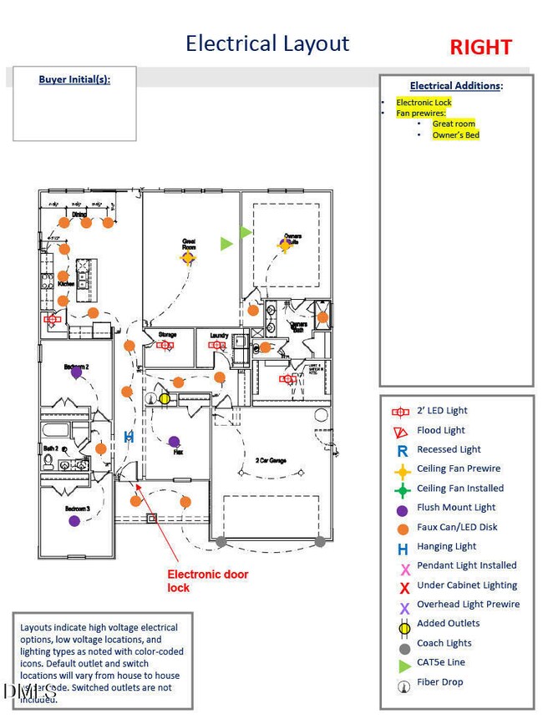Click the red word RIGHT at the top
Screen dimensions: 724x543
tap(480, 47)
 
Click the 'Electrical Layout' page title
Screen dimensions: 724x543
tap(267, 43)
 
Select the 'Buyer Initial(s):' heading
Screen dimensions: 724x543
tap(74, 80)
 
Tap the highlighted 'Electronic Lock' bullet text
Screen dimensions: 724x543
tap(424, 102)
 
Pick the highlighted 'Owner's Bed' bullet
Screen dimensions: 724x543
tap(455, 135)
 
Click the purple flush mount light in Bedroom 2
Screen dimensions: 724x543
tap(77, 373)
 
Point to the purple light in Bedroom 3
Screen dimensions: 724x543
tap(74, 520)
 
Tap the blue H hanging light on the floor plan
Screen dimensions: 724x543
tap(129, 436)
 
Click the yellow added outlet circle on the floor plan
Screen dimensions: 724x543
tap(165, 398)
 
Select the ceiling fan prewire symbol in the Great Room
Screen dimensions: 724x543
tap(188, 258)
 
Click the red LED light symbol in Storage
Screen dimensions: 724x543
tap(165, 344)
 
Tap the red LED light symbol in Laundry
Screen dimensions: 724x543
tap(219, 344)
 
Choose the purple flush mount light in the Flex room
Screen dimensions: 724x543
tap(174, 441)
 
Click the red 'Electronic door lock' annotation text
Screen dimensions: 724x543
tap(208, 580)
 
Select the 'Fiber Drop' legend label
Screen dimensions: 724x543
tap(439, 682)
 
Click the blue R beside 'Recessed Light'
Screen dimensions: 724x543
tap(403, 450)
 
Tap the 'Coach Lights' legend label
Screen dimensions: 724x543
tap(444, 643)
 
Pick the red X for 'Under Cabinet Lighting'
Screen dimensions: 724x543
tap(404, 587)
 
